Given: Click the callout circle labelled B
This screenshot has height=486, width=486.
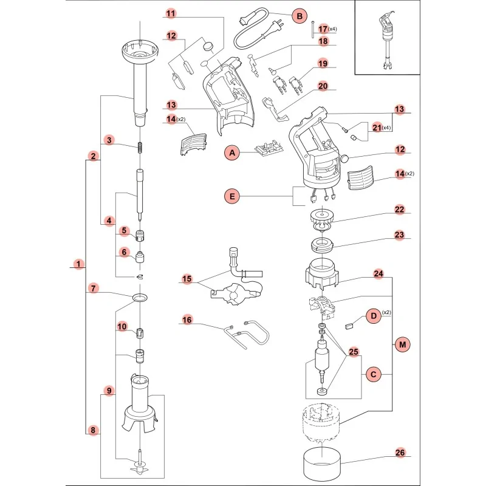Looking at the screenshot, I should pos(299,16).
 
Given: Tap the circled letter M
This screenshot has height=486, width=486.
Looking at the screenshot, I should pos(402,344).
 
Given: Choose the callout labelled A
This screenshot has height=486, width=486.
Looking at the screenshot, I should pos(231,153).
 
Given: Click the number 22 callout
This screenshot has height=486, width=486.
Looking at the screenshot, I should pos(400,210).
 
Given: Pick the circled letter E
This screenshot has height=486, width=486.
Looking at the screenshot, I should pos(231,196).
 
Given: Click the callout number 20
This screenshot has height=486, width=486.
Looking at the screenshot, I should pos(323,86).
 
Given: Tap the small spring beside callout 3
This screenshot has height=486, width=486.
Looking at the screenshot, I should pos(140,148).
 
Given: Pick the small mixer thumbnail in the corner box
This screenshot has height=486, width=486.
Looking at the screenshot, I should pos(384,43).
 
